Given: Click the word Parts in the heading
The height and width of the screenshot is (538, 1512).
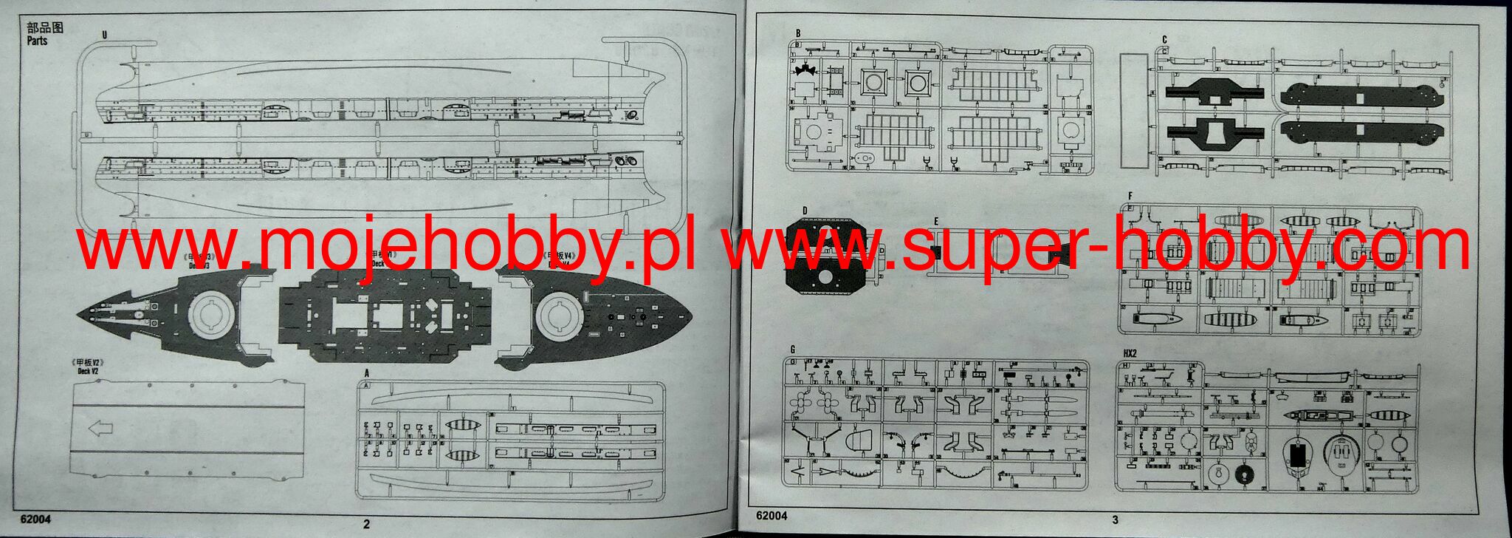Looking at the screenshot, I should (x=37, y=41).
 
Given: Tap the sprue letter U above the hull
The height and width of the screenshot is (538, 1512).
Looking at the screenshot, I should (x=105, y=34).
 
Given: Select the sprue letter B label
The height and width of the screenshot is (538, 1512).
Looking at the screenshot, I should (x=797, y=33).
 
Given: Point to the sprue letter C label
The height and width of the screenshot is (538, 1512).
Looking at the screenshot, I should (x=1164, y=40).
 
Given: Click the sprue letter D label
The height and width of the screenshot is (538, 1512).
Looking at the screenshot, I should (x=805, y=211).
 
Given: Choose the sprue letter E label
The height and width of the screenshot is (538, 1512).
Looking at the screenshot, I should (x=935, y=221).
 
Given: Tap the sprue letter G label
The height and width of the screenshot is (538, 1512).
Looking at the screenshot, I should (x=792, y=350).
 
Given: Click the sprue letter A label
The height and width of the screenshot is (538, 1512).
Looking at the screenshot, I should (x=367, y=373).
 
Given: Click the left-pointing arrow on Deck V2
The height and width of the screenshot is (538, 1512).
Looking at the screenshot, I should (x=100, y=429).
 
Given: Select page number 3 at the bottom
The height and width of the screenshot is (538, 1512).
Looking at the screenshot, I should (x=1115, y=520).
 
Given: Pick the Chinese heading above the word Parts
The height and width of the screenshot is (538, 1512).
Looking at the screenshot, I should (x=45, y=27).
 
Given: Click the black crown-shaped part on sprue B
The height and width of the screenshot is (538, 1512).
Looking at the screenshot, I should (x=805, y=72).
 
